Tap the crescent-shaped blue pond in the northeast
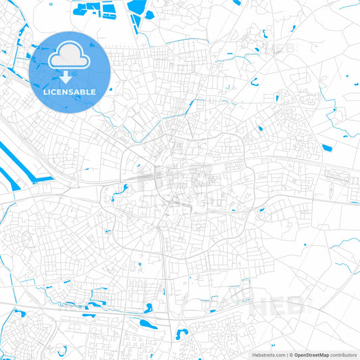(255, 83)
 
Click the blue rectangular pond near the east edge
(327, 148)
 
